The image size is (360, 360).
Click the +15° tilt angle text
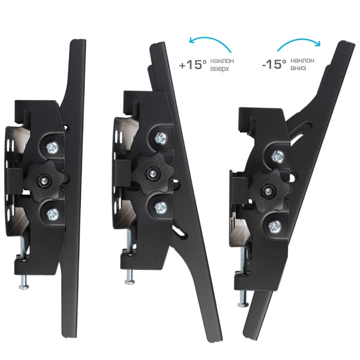click(x=193, y=65)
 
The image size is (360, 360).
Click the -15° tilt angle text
click(x=274, y=64)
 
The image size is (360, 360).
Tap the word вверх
click(x=220, y=69)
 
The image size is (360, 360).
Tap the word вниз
click(x=298, y=68)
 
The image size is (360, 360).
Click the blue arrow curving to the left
click(x=210, y=39)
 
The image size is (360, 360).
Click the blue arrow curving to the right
click(x=298, y=40)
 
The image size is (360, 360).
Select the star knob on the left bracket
click(x=44, y=181)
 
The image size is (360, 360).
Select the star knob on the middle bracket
click(x=152, y=173)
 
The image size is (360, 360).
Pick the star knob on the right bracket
click(x=268, y=191)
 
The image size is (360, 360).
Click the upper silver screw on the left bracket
click(x=52, y=148)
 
